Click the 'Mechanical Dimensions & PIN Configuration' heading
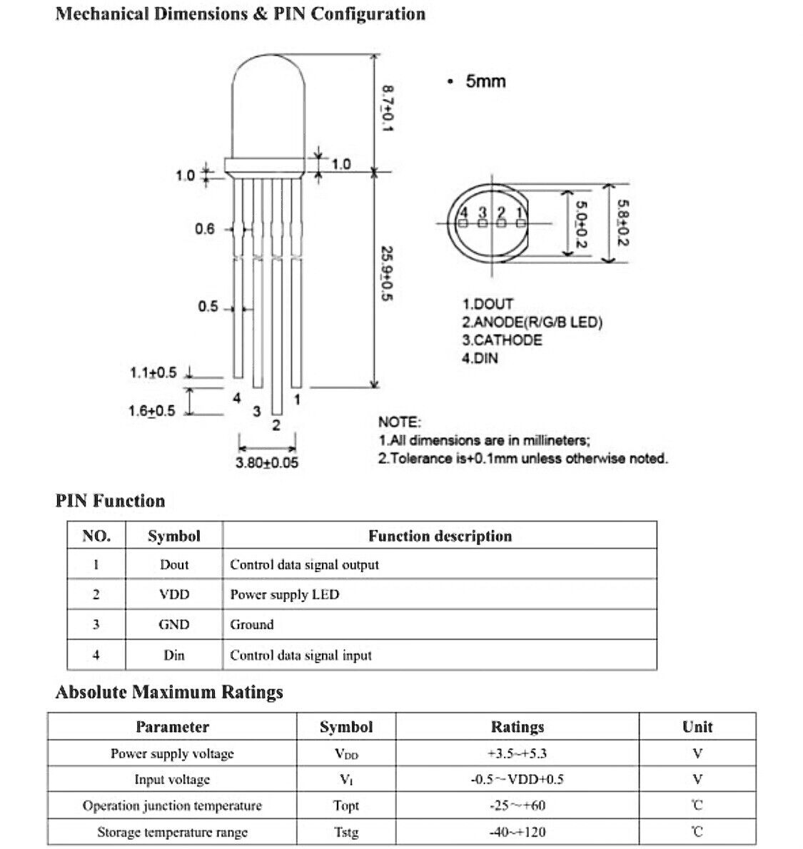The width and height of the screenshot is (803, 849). click(240, 14)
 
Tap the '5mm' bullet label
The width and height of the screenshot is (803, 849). click(485, 81)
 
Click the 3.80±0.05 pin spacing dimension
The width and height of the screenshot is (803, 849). click(267, 463)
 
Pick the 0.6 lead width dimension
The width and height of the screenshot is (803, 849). click(204, 229)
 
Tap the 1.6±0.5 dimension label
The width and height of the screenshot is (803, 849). click(151, 410)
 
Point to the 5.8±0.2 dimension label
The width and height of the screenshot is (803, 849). click(621, 223)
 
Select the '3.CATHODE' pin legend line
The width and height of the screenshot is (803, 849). click(502, 340)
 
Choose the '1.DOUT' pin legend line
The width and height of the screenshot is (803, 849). click(488, 304)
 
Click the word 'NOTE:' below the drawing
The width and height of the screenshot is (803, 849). click(399, 422)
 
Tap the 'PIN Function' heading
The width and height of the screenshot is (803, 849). click(110, 501)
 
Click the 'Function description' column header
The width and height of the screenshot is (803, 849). click(440, 536)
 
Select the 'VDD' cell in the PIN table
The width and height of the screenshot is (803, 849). click(174, 594)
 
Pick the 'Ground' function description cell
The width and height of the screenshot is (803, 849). click(252, 625)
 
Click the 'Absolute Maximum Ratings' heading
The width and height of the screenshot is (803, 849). click(169, 692)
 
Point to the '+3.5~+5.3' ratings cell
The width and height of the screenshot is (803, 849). click(517, 753)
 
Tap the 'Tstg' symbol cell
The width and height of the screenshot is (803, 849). click(346, 832)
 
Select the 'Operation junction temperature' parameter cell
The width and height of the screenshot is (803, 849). click(172, 805)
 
